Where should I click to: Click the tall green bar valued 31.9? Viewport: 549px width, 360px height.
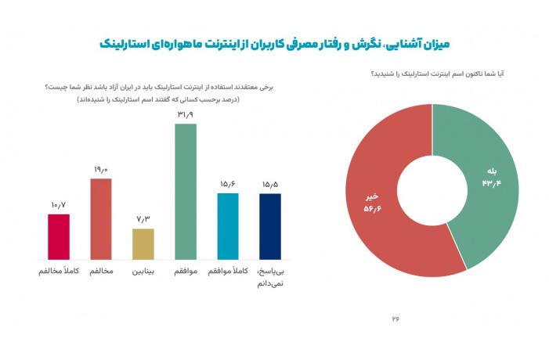(x=186, y=192)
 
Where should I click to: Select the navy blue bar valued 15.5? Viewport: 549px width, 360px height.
(x=270, y=227)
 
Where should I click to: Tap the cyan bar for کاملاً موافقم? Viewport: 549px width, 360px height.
(x=228, y=227)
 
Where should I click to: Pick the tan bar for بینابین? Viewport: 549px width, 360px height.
(x=143, y=244)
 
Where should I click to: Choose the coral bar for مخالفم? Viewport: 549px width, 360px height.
(x=101, y=219)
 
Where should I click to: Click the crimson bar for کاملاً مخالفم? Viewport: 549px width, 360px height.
(x=59, y=237)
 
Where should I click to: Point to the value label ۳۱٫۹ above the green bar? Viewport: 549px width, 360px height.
(x=186, y=115)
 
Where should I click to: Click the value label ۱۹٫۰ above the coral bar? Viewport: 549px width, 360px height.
(x=101, y=170)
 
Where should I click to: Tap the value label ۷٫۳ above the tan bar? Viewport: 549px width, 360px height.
(x=143, y=219)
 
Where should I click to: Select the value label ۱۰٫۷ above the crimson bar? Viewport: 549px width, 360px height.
(x=59, y=205)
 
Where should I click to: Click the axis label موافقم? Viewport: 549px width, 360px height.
(x=186, y=272)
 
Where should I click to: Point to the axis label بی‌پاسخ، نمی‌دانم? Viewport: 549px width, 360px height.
(x=270, y=277)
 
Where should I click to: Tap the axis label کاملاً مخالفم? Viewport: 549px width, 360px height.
(x=59, y=272)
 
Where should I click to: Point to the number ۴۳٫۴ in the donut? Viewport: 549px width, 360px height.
(x=492, y=183)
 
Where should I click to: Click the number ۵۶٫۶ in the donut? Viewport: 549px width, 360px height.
(x=372, y=209)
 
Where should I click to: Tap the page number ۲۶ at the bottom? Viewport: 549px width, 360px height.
(x=395, y=319)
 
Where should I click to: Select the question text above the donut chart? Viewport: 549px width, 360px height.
(x=438, y=74)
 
